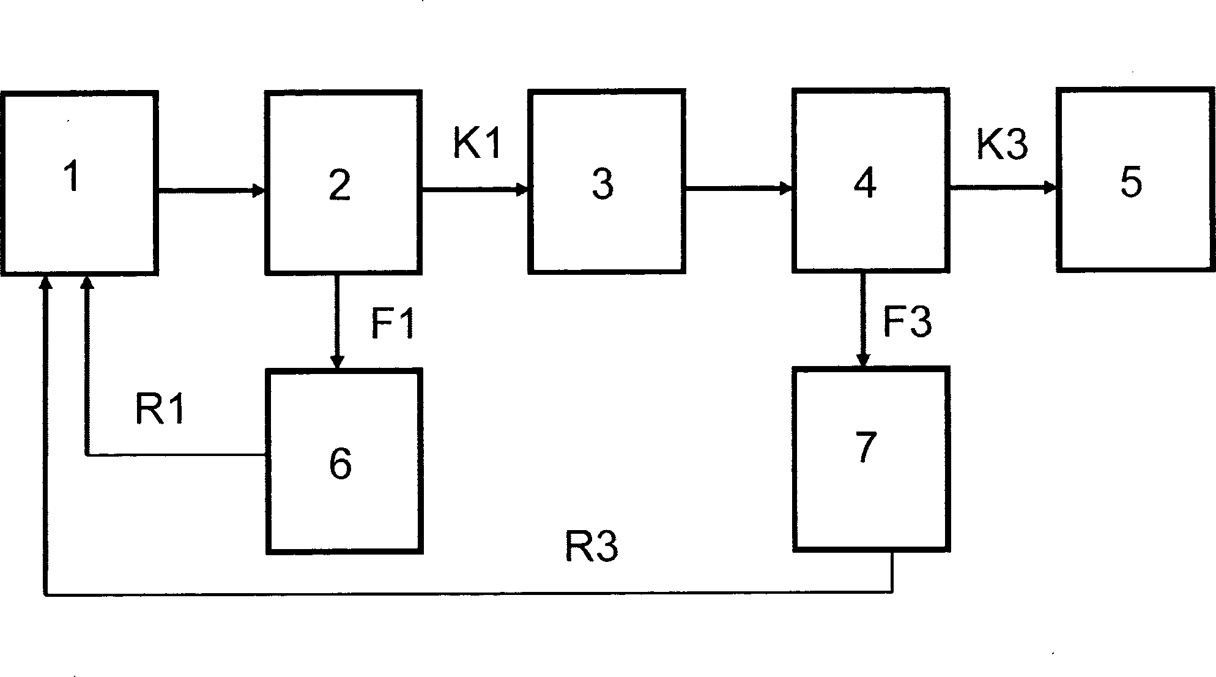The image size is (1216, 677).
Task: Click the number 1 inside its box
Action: point(72,177)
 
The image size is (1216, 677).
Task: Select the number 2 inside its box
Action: point(340,184)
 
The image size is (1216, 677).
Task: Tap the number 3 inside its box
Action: point(602,184)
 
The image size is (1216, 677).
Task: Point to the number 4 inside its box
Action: point(865,183)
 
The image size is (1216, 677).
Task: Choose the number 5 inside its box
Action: point(1130,182)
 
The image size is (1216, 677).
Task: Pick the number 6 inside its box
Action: point(340,463)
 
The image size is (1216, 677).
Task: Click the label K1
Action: point(477,144)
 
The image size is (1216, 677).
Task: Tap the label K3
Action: point(1002,145)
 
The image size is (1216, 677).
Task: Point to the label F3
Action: point(907,321)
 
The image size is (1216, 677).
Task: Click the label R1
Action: point(160,409)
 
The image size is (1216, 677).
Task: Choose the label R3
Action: point(591,547)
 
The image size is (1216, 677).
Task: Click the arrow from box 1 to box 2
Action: point(211,192)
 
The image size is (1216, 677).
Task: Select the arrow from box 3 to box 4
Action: point(738,189)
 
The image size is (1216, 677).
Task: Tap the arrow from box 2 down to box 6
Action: point(336,321)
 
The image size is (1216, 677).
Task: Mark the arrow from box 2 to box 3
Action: point(475,190)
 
